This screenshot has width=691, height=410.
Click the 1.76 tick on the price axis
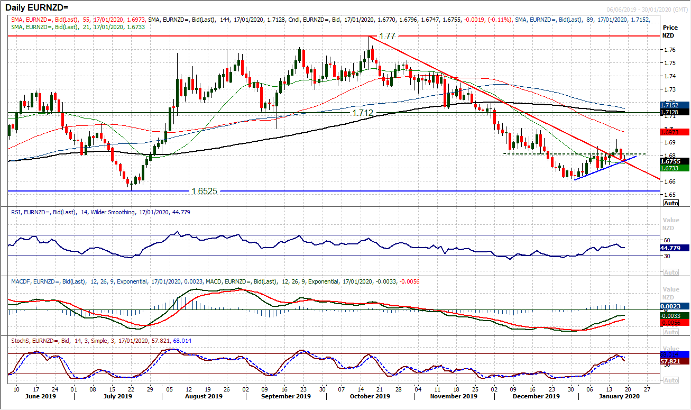click(x=669, y=50)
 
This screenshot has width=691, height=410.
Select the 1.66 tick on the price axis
click(x=669, y=181)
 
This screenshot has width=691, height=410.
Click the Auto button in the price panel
click(x=670, y=203)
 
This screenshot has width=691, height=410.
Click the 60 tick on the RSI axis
click(x=667, y=240)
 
